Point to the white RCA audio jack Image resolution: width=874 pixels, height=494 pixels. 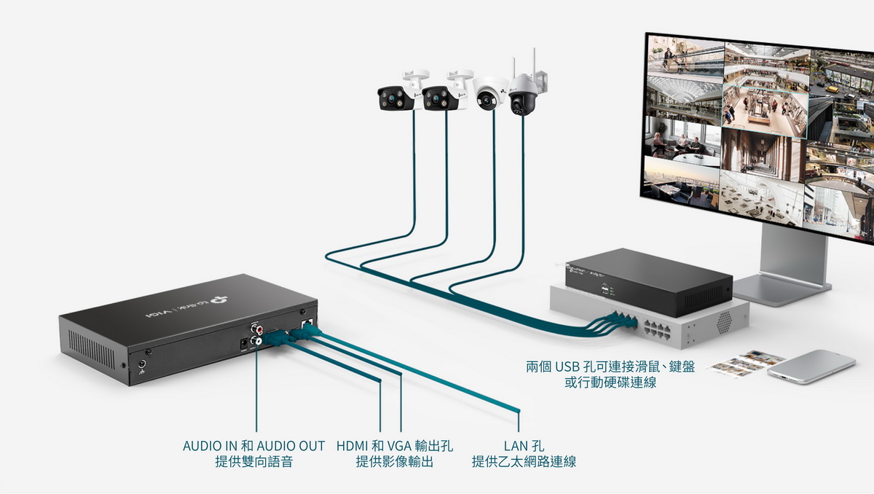click(x=257, y=340)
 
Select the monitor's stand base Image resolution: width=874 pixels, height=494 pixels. click(x=787, y=289)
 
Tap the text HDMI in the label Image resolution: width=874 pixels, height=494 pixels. click(x=353, y=445)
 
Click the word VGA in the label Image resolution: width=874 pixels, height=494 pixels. click(x=398, y=445)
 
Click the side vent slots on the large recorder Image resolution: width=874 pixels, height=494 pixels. click(x=91, y=350)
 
